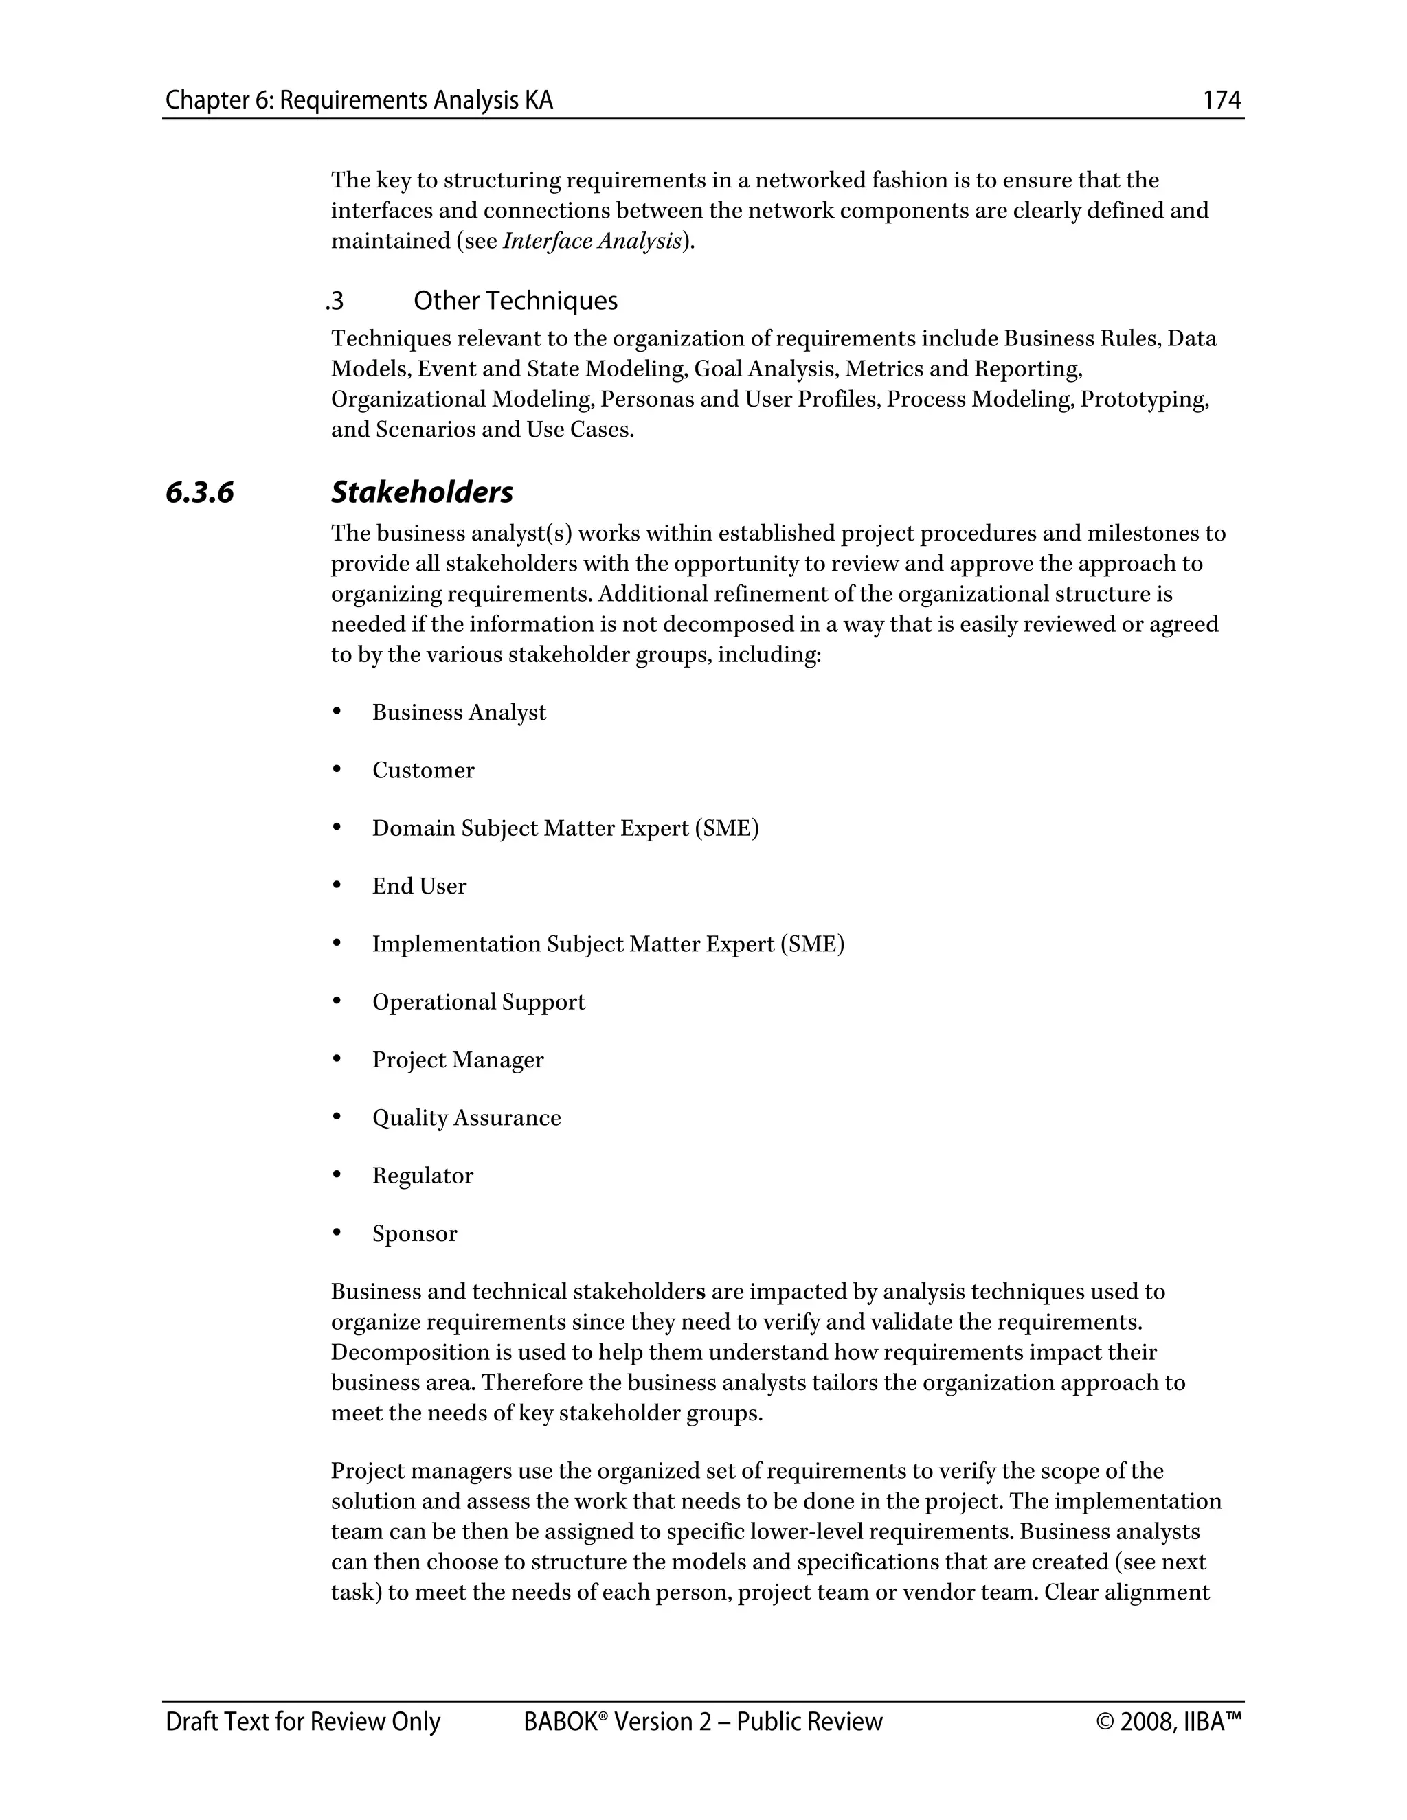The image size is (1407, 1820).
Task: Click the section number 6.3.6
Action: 200,492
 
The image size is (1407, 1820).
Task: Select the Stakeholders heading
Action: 422,492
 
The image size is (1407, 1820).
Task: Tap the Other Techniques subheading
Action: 515,301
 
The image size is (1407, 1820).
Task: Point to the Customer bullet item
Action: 423,771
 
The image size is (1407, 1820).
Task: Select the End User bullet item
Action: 418,887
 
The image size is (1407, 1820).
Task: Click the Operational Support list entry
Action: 478,1003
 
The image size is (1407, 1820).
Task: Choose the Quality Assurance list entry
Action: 466,1118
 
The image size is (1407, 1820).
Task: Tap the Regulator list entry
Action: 423,1176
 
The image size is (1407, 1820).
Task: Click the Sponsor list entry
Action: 414,1234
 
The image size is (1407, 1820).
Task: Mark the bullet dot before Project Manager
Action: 337,1059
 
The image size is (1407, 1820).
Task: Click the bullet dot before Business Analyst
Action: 337,712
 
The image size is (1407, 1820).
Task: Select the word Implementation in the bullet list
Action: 456,944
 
